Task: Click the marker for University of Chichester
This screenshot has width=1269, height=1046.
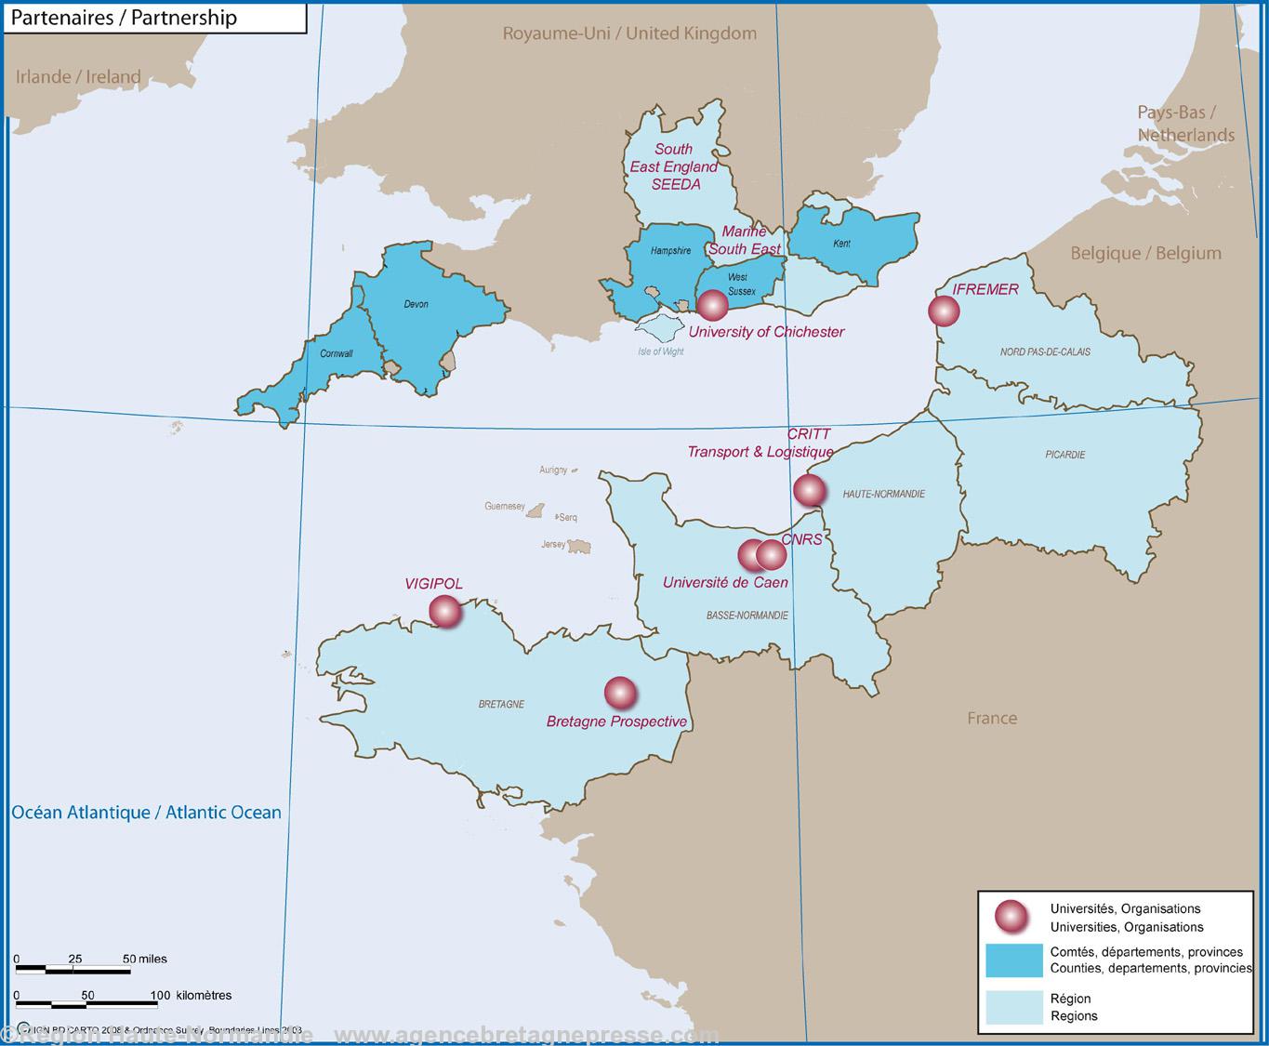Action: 713,305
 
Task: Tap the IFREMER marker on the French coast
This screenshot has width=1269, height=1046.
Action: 944,311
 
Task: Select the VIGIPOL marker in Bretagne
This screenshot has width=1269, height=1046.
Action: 445,611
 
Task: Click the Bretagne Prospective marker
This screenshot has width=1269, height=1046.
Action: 620,693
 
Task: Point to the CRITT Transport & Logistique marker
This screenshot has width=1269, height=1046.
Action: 809,489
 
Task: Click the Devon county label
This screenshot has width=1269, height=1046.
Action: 416,304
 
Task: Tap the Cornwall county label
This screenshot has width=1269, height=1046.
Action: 336,353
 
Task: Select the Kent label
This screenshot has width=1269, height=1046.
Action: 841,244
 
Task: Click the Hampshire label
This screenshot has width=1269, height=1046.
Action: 670,251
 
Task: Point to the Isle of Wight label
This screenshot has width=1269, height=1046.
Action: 661,351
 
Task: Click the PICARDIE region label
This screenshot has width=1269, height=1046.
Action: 1064,455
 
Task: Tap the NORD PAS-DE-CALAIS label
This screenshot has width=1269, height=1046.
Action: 1045,351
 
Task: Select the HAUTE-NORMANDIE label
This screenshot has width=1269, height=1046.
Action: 883,494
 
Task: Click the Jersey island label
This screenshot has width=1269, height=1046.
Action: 553,544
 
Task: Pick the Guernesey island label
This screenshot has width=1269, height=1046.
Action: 505,507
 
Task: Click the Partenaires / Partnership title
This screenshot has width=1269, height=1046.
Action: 124,18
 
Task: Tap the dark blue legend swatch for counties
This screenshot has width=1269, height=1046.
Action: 1013,960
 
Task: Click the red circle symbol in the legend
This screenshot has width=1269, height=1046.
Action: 1011,917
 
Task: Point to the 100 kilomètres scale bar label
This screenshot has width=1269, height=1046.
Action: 191,995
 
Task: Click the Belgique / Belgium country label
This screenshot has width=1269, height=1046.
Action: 1145,253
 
